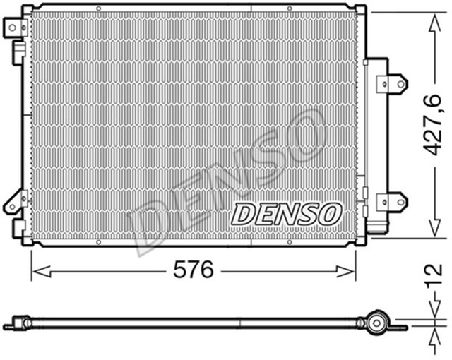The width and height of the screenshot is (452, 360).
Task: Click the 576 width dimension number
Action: pyautogui.click(x=193, y=270)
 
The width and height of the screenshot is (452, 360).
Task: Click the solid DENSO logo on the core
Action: pyautogui.click(x=287, y=211)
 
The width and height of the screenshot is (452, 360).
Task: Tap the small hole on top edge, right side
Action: pyautogui.click(x=288, y=7)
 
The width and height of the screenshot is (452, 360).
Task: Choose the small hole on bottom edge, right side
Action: pyautogui.click(x=288, y=242)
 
